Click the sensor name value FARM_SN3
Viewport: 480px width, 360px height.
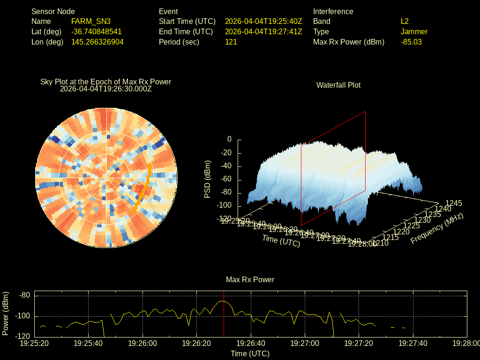(x=91, y=22)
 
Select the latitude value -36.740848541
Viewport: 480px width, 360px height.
(x=97, y=32)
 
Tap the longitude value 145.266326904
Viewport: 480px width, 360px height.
(x=97, y=42)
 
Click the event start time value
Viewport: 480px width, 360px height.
(x=263, y=22)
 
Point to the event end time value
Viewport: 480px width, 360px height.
(x=263, y=32)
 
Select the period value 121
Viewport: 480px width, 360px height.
(x=231, y=42)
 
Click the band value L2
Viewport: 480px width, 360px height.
(x=405, y=22)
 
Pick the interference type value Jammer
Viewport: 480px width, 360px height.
(x=414, y=32)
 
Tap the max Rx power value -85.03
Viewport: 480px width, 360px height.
(x=411, y=42)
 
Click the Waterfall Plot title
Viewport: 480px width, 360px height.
(x=338, y=85)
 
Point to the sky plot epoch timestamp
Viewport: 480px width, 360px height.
(x=106, y=89)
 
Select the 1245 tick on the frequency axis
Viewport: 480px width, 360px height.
(x=453, y=203)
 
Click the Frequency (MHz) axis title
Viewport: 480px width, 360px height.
(x=437, y=228)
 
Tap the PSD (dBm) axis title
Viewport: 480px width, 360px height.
(x=208, y=179)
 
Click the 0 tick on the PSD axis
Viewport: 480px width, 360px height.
(x=229, y=139)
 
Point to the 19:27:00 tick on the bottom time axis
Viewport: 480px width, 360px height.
(x=305, y=344)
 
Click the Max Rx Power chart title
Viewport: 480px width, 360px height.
(x=250, y=280)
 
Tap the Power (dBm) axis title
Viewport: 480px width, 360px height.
(x=6, y=314)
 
